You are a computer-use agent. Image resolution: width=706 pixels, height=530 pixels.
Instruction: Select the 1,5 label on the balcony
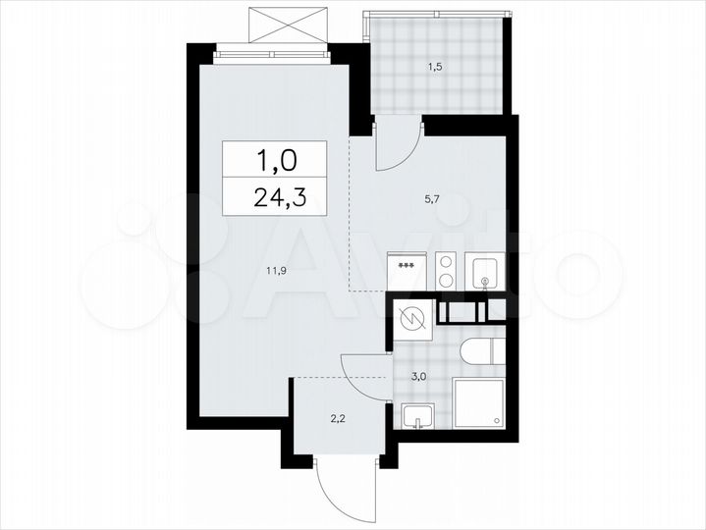click(x=434, y=68)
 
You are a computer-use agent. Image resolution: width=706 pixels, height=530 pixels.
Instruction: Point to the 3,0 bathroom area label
click(x=417, y=375)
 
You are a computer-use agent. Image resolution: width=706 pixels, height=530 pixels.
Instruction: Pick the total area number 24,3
click(x=278, y=195)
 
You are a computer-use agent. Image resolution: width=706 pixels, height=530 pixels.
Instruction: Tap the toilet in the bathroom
click(x=482, y=352)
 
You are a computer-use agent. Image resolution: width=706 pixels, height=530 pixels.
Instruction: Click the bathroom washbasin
click(x=417, y=416)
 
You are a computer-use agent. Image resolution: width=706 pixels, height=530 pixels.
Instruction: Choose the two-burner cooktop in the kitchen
click(x=444, y=271)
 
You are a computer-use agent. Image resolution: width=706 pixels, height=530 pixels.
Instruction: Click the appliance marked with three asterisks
click(x=406, y=272)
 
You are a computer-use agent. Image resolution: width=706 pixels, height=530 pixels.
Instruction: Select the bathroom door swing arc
click(x=366, y=373)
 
